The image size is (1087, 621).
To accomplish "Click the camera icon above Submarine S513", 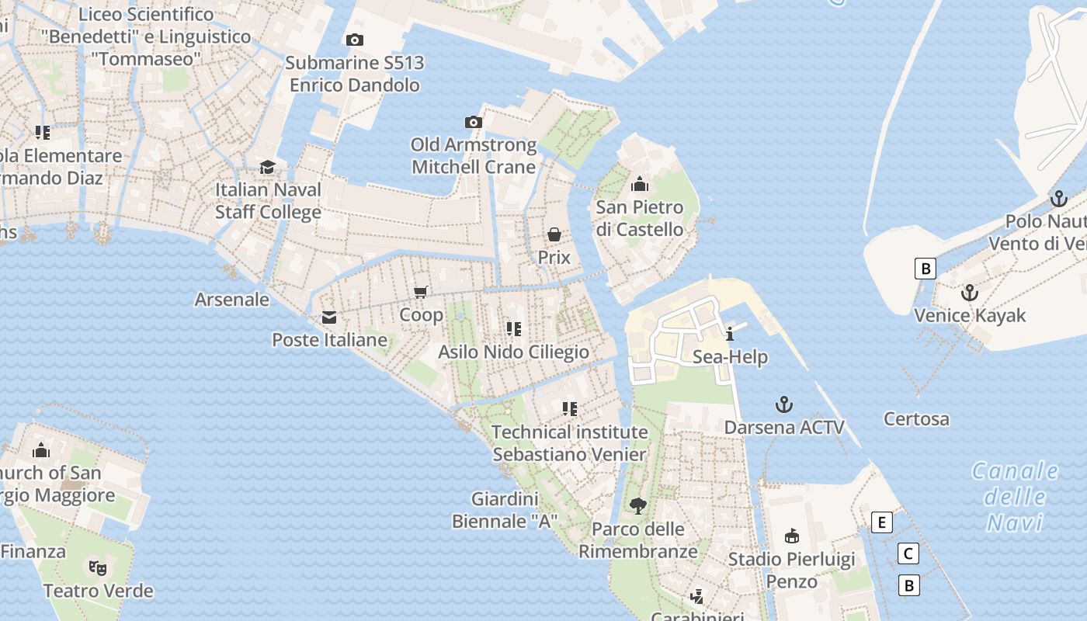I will pos(355,40).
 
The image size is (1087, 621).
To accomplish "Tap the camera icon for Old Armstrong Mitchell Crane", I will pos(474,122).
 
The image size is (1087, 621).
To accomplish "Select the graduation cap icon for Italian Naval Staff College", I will pos(268,167).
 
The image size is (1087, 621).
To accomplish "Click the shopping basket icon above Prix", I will pos(554,234).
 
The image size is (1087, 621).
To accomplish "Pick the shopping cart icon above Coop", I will pos(421,292).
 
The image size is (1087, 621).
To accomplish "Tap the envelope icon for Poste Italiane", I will pos(329,317).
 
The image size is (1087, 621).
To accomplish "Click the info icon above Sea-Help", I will pos(730,335).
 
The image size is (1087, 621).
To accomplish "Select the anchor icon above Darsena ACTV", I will pos(784,404).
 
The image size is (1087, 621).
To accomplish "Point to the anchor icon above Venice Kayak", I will pos(969,293).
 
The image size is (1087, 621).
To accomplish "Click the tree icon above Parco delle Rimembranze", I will pos(638,506).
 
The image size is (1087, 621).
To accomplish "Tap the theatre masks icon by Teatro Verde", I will pos(98,567).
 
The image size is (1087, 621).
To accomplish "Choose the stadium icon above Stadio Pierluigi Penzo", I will pos(792,536).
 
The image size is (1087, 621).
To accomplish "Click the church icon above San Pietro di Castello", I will pos(640,184).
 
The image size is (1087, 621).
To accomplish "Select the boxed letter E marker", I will pos(881,522).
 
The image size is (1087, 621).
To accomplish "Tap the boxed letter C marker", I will pos(908,553).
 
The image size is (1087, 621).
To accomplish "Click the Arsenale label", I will pos(232,299).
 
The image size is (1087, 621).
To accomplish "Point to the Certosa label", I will pos(916,419).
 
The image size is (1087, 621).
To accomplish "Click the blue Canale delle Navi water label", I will pos(1015,497).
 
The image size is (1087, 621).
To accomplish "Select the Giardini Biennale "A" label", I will pos(505,510).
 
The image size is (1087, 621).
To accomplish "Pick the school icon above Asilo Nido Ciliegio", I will pos(513,329).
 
